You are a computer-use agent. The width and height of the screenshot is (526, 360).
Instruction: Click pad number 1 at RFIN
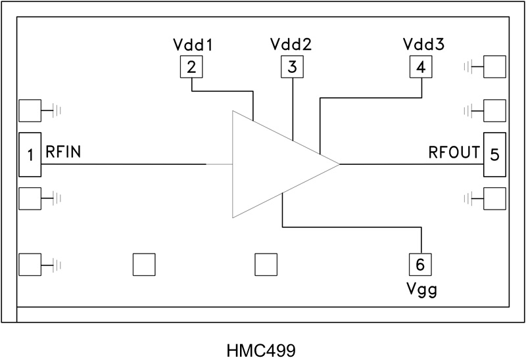pyautogui.click(x=30, y=154)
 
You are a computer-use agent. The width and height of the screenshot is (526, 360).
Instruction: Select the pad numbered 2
pyautogui.click(x=191, y=66)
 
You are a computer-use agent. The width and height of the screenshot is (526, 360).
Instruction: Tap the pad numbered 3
pyautogui.click(x=292, y=66)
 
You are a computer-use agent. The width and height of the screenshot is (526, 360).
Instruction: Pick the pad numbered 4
pyautogui.click(x=420, y=66)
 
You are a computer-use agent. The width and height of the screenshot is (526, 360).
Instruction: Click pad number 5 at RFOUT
pyautogui.click(x=495, y=154)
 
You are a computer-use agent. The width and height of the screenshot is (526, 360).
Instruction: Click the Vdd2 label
pyautogui.click(x=291, y=45)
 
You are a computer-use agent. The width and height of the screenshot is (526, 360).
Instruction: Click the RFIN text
pyautogui.click(x=63, y=152)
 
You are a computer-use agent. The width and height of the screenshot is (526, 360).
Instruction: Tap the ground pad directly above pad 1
pyautogui.click(x=30, y=112)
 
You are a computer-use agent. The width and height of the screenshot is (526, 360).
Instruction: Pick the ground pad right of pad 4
pyautogui.click(x=495, y=66)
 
